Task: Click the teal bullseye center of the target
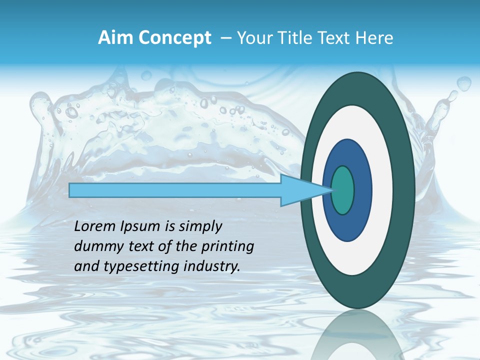point(342,190)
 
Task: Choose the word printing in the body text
point(227,247)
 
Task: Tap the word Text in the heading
point(330,38)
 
